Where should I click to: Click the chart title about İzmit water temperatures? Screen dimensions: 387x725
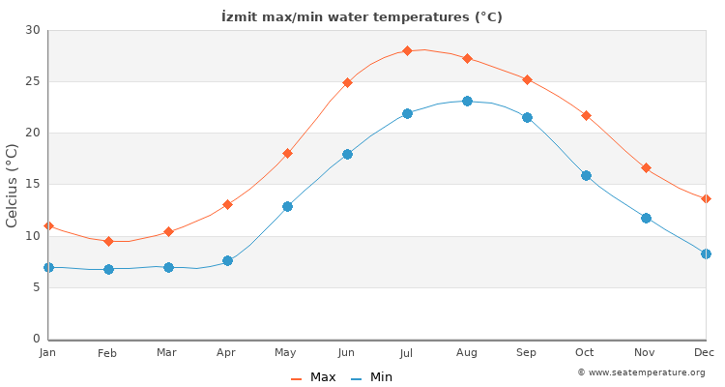point(362,17)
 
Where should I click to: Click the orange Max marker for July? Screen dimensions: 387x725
point(407,50)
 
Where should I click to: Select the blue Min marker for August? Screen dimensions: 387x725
point(467,101)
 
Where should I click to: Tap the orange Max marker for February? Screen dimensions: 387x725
point(108,241)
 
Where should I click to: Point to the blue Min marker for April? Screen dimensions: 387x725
point(227,260)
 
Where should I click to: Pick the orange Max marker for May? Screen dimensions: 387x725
point(287,153)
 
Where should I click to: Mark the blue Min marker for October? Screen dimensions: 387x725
point(586,175)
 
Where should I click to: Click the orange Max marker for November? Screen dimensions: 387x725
point(646,167)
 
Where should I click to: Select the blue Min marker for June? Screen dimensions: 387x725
point(347,154)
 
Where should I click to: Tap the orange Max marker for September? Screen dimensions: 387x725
point(527,79)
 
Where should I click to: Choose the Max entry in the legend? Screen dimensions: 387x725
point(314,377)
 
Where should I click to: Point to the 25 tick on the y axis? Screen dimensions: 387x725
point(34,81)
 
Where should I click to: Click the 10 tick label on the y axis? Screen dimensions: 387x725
point(34,236)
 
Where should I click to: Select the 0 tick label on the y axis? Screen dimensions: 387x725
point(37,339)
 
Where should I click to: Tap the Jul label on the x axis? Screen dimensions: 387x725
point(407,353)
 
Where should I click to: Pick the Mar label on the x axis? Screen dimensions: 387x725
point(167,353)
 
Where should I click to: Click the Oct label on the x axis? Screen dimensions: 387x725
point(586,353)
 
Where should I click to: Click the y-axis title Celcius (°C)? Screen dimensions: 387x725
point(13,185)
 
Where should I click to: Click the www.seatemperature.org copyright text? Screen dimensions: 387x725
point(641,372)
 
